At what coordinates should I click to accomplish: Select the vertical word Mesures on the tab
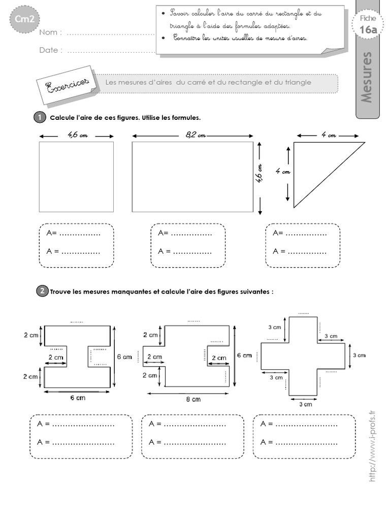coord(367,76)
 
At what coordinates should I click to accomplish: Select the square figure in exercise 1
coord(76,176)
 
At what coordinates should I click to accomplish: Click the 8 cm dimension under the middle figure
coord(193,400)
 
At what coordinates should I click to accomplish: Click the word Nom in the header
coord(50,33)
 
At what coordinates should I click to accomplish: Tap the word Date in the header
coord(51,50)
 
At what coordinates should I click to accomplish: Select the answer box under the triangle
coord(303,245)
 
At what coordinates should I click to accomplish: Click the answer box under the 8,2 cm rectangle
coord(188,245)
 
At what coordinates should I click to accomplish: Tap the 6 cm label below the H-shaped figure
coord(77,398)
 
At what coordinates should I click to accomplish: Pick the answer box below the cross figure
coord(304,437)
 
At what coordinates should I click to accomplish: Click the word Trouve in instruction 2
coord(61,291)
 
